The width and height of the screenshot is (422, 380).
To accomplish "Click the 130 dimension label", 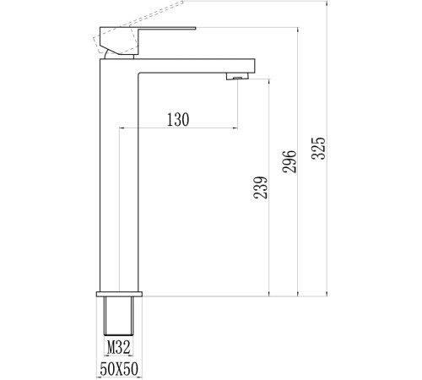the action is (x=178, y=119).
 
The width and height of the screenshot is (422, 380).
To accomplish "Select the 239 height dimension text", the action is (x=260, y=187).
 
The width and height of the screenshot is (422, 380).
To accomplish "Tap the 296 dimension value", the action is (x=289, y=161).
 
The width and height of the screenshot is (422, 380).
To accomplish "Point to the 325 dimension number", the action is (x=318, y=149).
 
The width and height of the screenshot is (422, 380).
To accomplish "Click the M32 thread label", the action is (x=118, y=347).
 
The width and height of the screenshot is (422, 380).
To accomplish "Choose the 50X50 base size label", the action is (x=119, y=369).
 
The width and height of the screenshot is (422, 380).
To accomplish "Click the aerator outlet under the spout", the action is (x=238, y=76).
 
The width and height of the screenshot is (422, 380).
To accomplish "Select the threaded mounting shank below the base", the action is (x=119, y=316).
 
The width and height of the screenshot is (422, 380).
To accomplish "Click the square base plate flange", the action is (x=119, y=294).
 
